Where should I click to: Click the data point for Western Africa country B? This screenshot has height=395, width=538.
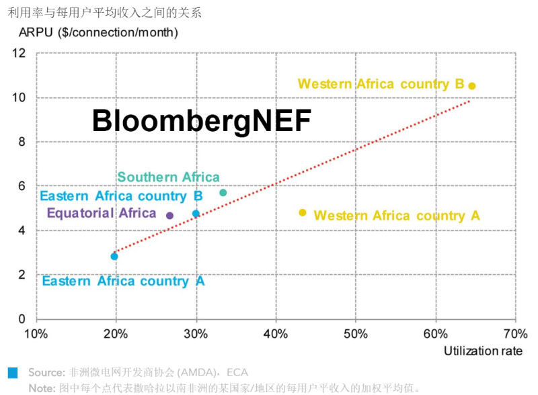472,86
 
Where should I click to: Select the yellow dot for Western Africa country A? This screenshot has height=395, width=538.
303,213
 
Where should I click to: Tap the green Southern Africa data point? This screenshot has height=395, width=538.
223,193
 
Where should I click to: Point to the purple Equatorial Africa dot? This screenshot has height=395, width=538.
169,216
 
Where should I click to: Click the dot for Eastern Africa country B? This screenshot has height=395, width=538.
196,214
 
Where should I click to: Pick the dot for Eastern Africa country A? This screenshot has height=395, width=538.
114,257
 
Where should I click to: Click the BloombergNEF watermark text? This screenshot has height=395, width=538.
201,122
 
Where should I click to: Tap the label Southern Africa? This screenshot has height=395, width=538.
168,177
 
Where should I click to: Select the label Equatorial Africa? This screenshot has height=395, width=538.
102,214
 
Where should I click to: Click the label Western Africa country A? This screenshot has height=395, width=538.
397,216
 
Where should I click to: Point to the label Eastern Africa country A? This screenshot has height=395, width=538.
123,281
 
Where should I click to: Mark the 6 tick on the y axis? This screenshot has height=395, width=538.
22,186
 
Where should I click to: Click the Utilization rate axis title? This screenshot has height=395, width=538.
483,351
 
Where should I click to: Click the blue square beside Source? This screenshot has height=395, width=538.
13,372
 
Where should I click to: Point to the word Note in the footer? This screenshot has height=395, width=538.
42,388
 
